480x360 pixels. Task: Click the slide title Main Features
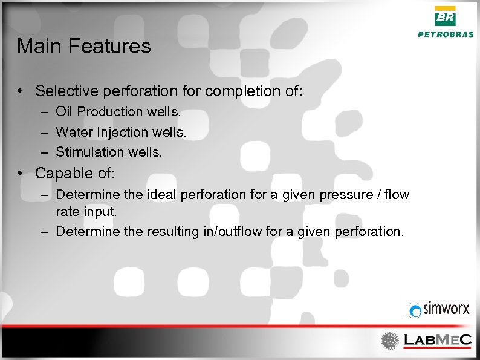click(84, 47)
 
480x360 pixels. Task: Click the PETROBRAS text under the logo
click(446, 34)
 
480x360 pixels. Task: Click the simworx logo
click(438, 310)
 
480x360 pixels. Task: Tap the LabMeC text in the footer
click(436, 341)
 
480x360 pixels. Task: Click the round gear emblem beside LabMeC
click(389, 341)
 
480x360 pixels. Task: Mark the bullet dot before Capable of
click(21, 173)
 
